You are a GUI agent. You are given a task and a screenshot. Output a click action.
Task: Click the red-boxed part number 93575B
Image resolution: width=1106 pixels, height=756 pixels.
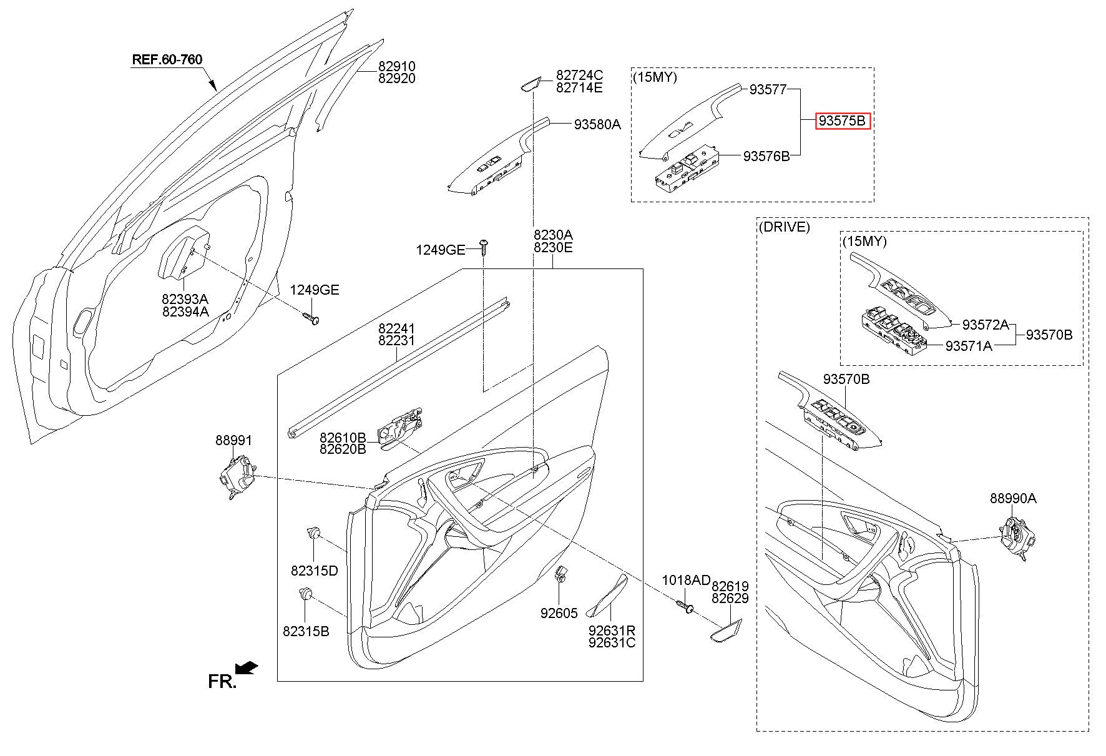click(842, 121)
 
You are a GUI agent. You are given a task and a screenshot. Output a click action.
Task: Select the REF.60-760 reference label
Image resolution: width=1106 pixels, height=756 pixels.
click(167, 60)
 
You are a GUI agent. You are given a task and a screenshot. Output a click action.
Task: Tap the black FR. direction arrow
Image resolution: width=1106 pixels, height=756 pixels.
click(248, 668)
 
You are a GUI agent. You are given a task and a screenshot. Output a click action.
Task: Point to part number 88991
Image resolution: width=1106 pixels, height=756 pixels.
click(234, 440)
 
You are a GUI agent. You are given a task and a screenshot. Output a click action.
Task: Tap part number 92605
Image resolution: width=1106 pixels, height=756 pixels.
click(559, 613)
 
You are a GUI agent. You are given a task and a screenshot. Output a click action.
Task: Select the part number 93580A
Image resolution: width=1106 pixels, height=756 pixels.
click(597, 124)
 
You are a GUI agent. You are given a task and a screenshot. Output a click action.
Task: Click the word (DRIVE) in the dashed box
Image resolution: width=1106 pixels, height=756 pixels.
click(784, 227)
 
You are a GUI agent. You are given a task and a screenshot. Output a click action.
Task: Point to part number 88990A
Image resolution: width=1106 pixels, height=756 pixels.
click(1012, 498)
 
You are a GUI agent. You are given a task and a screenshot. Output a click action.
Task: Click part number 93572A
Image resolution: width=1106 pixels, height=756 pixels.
click(985, 325)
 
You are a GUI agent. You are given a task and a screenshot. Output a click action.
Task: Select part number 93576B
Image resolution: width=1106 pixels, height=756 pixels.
click(766, 156)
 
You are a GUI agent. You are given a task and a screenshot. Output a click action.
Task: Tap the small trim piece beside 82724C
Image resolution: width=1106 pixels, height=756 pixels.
click(530, 84)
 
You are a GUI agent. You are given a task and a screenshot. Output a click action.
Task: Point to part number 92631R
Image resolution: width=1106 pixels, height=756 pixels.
click(612, 630)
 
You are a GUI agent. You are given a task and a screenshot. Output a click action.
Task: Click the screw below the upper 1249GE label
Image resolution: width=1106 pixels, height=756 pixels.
click(483, 246)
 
